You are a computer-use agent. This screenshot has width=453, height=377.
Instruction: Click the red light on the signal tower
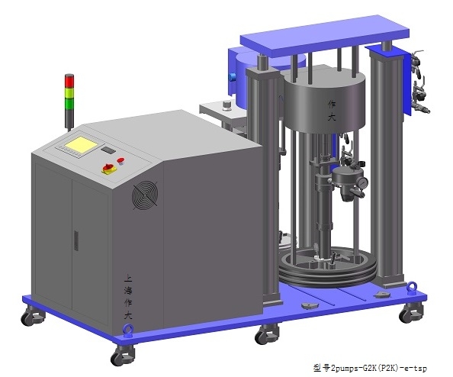click(69, 81)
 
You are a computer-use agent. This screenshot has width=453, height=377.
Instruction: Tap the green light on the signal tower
click(69, 104)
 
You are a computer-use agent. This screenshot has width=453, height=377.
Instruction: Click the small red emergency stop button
click(120, 161)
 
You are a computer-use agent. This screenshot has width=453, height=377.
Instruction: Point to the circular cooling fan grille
click(145, 195)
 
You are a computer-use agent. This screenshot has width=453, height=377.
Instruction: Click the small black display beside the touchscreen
click(108, 150)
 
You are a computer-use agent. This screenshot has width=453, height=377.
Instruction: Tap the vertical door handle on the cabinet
click(76, 240)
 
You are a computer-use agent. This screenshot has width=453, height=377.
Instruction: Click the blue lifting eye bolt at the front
click(128, 330)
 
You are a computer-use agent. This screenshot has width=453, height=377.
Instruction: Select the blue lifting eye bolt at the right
click(412, 288)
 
